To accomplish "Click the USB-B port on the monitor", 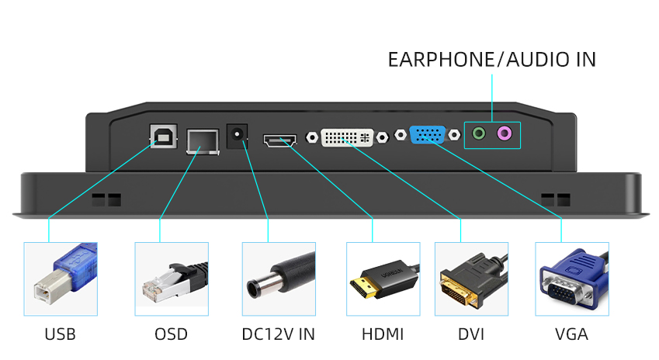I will (x=163, y=137).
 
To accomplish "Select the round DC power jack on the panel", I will (x=237, y=138).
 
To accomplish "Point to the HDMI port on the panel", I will (x=279, y=141).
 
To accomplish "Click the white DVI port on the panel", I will (x=347, y=137).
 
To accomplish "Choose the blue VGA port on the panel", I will (x=426, y=135).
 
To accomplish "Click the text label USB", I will (x=61, y=334).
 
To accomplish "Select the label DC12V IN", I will (x=279, y=334).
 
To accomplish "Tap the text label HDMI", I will (x=383, y=334).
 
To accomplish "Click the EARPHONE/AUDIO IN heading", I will (x=492, y=60).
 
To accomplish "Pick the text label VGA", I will (x=571, y=334).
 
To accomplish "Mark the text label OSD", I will (x=171, y=334).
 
